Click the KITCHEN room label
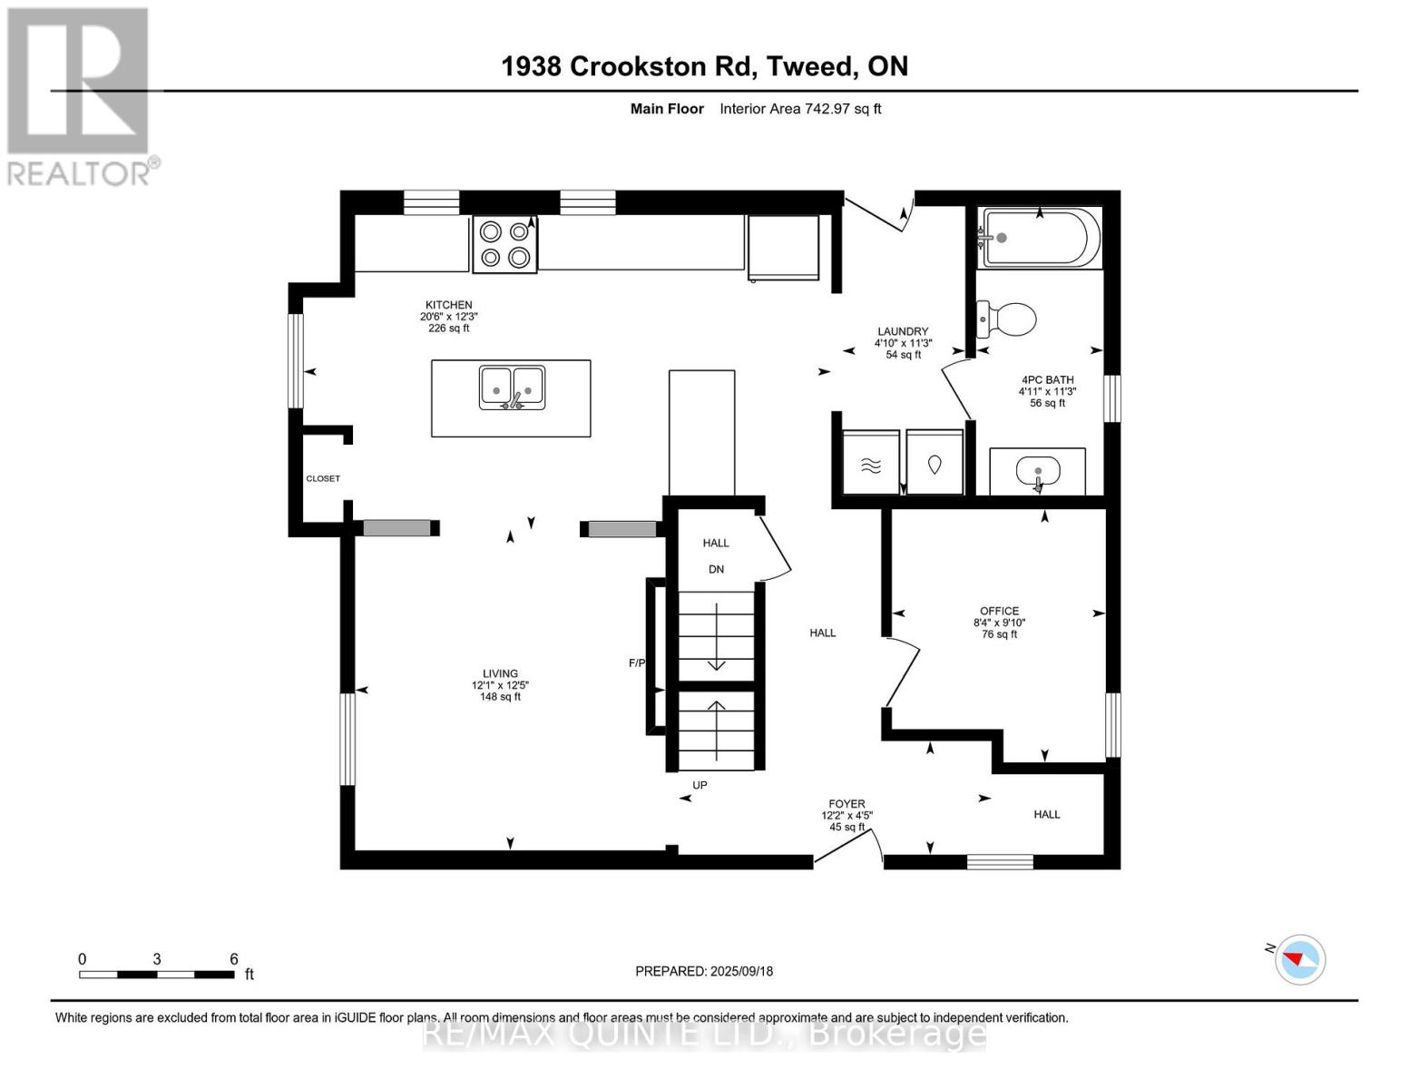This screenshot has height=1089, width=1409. point(449,306)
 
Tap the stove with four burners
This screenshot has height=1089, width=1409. point(504,244)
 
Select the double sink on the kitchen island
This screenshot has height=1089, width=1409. point(512,388)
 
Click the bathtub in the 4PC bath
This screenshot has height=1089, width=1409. point(1041,239)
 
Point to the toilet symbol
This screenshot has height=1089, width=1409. point(1008,319)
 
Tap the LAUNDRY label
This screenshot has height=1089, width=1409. point(902,331)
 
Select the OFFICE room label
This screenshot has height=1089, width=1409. point(999,611)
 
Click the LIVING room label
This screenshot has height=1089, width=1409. point(500,673)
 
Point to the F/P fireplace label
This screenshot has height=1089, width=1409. point(636,663)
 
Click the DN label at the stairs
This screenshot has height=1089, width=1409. point(716,569)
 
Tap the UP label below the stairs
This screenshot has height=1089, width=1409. point(700,785)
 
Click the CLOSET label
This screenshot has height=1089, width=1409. point(323,478)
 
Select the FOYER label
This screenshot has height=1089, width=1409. point(846,804)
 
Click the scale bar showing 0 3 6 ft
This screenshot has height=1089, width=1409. point(157,974)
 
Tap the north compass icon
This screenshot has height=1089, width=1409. point(1300,959)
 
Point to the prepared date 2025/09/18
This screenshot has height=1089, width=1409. point(704,971)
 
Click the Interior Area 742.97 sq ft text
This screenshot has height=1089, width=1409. point(800,109)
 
